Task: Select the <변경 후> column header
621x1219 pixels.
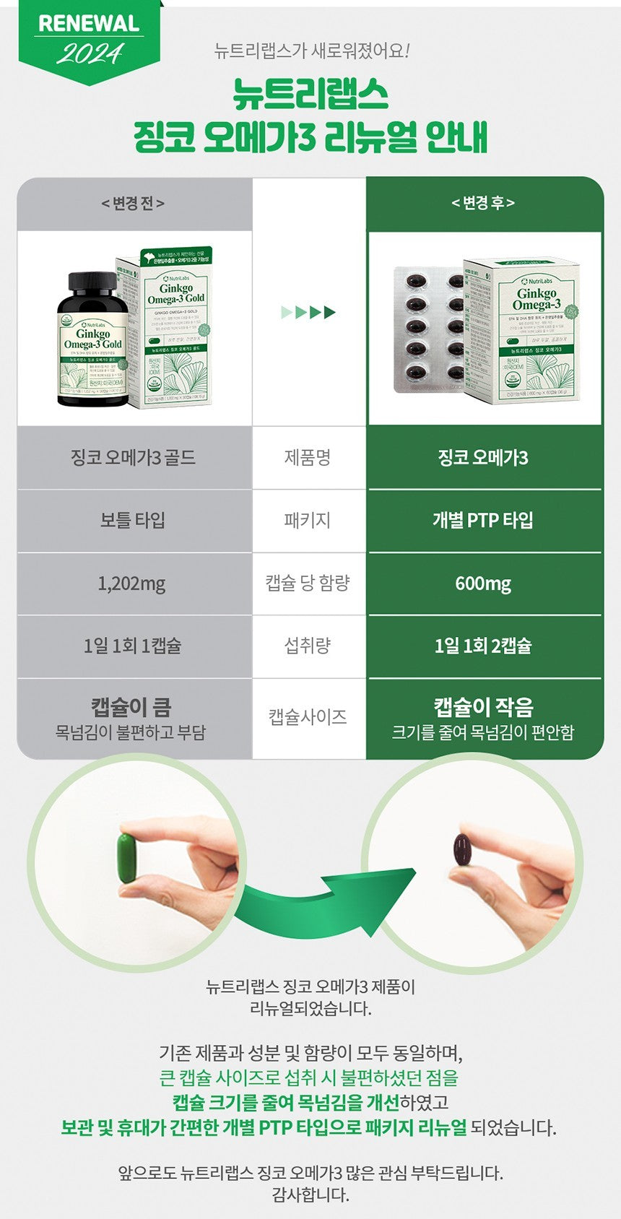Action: pos(483,204)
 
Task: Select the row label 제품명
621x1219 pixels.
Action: pos(308,458)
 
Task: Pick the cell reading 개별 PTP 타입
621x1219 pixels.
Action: pos(483,520)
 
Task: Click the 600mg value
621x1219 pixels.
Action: pos(483,583)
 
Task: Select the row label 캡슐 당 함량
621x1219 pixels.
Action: pos(308,583)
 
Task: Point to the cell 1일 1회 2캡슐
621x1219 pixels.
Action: pos(483,646)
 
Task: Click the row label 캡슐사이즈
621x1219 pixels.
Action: pos(308,717)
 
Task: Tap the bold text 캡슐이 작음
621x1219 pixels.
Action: pos(483,706)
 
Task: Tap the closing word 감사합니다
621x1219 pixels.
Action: pos(310,1194)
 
